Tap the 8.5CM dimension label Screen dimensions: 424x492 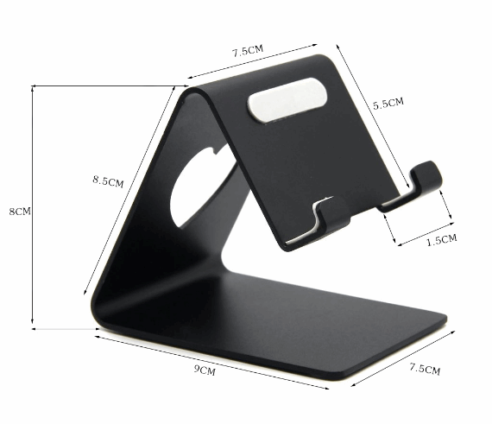(108, 181)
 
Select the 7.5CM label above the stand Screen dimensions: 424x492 (247, 51)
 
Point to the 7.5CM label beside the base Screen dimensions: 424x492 (424, 370)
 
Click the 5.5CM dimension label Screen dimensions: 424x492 (388, 104)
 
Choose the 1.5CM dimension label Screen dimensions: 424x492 (441, 241)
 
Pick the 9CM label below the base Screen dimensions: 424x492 (204, 370)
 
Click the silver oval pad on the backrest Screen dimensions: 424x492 (287, 97)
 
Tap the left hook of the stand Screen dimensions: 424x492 (323, 218)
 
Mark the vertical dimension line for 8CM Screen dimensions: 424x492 (33, 207)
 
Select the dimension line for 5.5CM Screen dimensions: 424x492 (372, 109)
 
